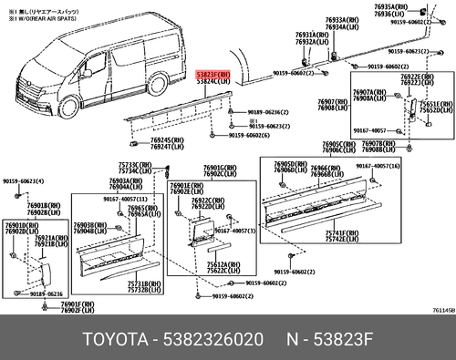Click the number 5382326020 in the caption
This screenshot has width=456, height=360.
pos(215,340)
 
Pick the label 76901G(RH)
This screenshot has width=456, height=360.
pos(219,169)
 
